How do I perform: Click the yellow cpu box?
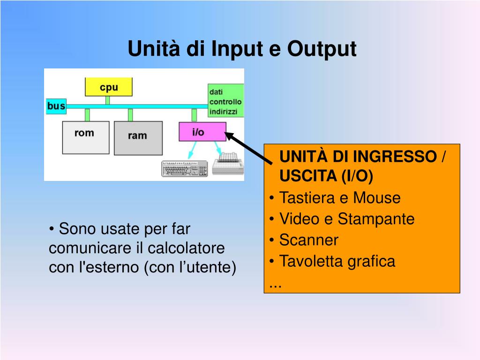[109, 87]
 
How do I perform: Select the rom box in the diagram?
[85, 137]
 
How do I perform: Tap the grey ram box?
[138, 138]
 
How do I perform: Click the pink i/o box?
[202, 132]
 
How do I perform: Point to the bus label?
[56, 106]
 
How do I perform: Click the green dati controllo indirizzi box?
[225, 101]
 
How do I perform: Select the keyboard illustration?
[185, 168]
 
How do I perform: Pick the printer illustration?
[228, 164]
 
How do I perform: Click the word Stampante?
[376, 219]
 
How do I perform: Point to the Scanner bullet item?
[308, 240]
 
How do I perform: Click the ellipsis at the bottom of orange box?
[275, 284]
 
